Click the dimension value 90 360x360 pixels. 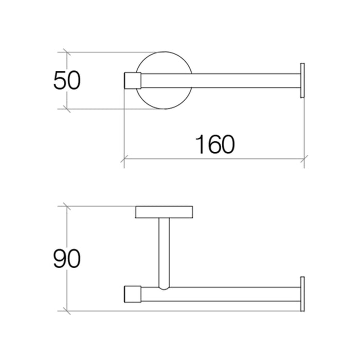pos(67,259)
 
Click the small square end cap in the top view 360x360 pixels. pos(133,81)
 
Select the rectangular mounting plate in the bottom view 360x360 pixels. pos(164,211)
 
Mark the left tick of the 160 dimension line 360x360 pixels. pos(124,160)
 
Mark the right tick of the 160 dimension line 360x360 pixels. pos(304,160)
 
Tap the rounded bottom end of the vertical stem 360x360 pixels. pos(164,286)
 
